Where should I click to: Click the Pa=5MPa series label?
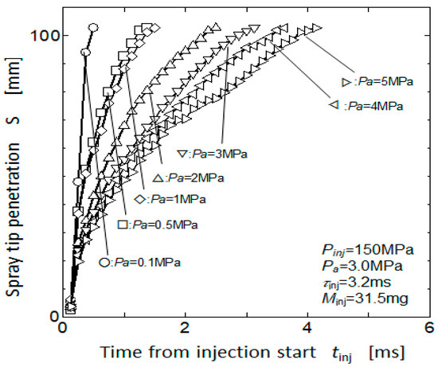point(377,82)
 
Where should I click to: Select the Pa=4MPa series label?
point(366,106)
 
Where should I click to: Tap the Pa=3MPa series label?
point(213,154)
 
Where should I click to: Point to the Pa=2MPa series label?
point(189,178)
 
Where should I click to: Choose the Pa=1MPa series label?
point(170,199)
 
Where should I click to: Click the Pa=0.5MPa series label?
point(158,224)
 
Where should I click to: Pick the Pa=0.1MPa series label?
point(140,262)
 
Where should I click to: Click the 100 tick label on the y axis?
point(45,36)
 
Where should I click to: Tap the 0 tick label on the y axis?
point(55,316)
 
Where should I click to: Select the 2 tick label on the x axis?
point(186,328)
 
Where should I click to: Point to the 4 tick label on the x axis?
point(307,328)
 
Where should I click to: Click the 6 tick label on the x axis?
point(429,328)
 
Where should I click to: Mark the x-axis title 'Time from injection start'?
point(208,352)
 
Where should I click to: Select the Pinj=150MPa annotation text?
point(368,250)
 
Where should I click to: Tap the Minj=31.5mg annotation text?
point(365,299)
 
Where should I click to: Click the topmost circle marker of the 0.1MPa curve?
point(94,27)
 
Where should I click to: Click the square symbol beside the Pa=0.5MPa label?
point(122,224)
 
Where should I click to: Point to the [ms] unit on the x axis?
point(387,352)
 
